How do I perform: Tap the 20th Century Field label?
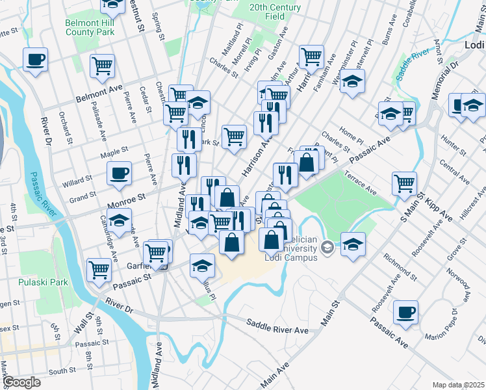(x=275, y=11)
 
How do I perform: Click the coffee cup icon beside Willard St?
(x=120, y=174)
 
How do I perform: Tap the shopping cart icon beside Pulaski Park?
(x=99, y=268)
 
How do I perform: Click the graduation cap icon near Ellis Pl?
(x=202, y=265)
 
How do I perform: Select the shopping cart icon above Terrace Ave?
(x=404, y=183)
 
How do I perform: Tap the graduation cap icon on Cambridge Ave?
(x=120, y=220)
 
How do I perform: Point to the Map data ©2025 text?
(x=458, y=385)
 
